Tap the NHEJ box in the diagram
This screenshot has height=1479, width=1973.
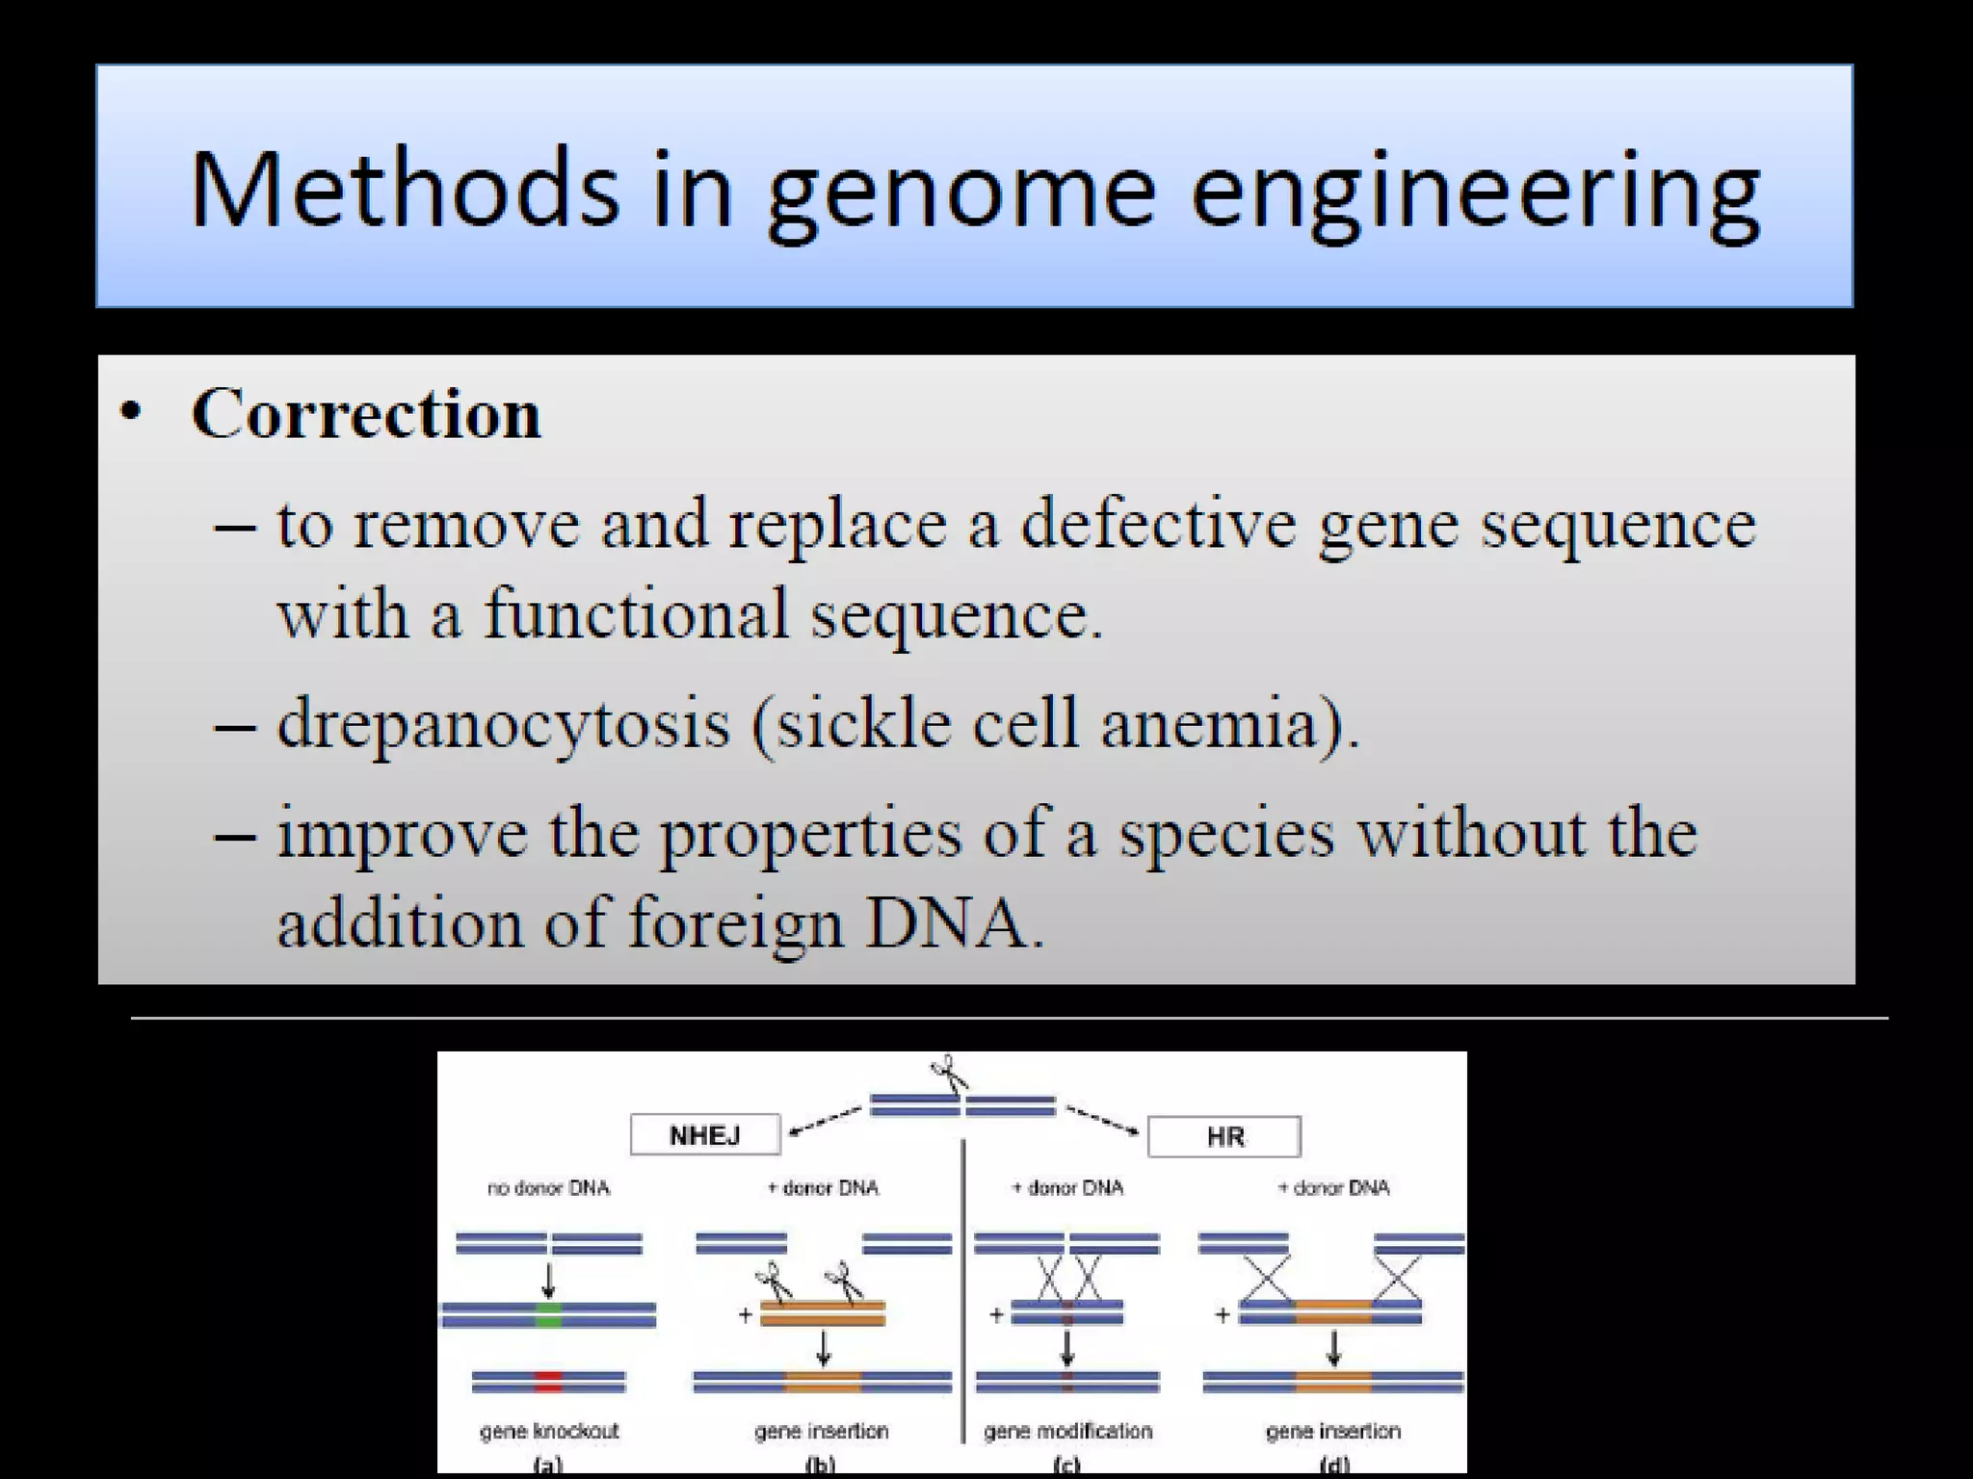(x=705, y=1135)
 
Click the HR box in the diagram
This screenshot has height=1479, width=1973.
(x=1224, y=1137)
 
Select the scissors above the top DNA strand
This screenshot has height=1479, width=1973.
(x=949, y=1072)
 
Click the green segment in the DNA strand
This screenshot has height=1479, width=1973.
(x=548, y=1315)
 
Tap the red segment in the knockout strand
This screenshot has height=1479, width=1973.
(x=548, y=1383)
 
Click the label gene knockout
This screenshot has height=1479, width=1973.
(x=549, y=1431)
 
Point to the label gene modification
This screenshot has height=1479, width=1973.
(x=1067, y=1431)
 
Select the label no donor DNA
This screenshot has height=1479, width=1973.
(x=548, y=1188)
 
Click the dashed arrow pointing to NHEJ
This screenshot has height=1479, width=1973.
(x=824, y=1122)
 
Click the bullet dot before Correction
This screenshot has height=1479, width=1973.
(x=131, y=413)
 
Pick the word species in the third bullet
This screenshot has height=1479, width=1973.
(x=1226, y=833)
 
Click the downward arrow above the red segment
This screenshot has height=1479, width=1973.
(x=548, y=1281)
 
